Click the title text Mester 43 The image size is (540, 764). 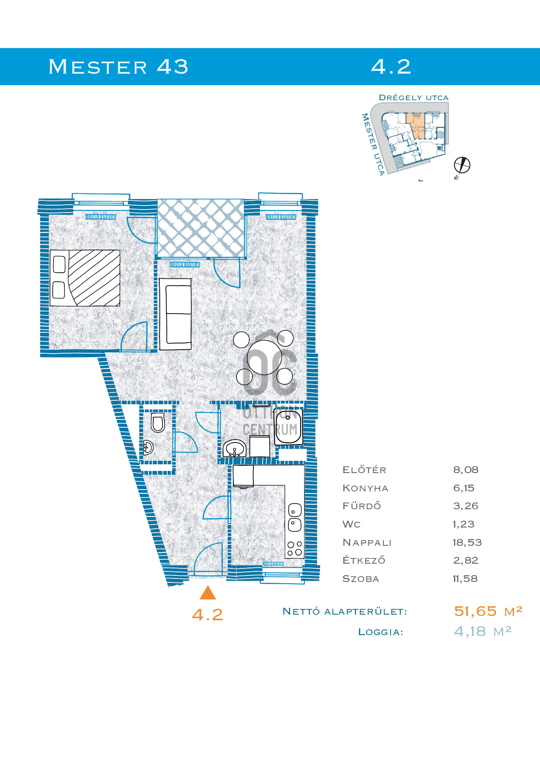118,67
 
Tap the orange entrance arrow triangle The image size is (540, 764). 208,593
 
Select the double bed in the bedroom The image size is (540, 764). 85,278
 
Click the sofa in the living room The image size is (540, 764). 175,314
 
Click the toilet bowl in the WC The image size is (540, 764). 158,423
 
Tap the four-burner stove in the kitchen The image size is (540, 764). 295,548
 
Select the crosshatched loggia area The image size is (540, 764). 201,228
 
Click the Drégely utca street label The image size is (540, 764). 414,98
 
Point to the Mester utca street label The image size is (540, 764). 373,144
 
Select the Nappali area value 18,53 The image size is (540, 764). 467,542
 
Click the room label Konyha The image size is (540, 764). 365,488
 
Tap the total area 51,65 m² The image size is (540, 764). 488,611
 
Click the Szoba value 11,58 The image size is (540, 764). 465,578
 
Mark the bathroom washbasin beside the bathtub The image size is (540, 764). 234,448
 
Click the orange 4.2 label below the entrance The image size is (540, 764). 208,615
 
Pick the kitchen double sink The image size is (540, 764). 295,517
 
